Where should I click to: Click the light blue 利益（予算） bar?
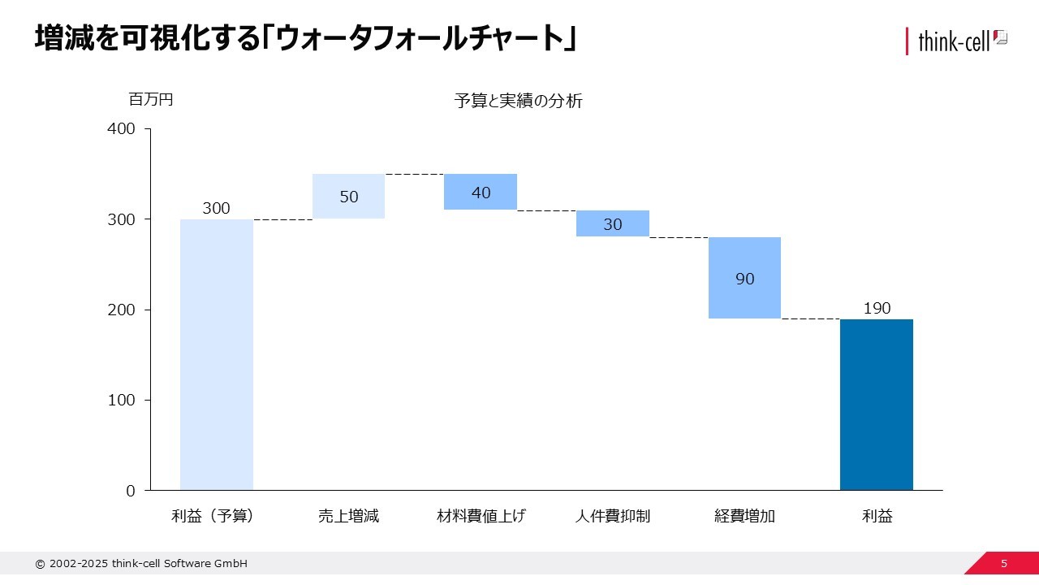coord(216,354)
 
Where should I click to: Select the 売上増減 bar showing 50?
coord(348,197)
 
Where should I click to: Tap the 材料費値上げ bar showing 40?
coord(481,192)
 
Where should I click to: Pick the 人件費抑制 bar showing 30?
coord(613,223)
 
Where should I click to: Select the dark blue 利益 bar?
coord(877,405)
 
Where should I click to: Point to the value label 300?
coord(216,209)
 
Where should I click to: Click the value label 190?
coord(877,309)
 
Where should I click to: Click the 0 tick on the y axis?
coord(130,491)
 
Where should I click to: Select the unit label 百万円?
coord(151,100)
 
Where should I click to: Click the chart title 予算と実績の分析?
coord(519,102)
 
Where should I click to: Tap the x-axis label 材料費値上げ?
coord(481,516)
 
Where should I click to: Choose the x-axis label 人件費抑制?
coord(613,516)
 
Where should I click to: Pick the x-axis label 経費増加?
coord(744,516)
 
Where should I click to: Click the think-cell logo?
coord(956,40)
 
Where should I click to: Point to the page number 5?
coord(1004,564)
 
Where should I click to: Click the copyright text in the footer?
coord(141,564)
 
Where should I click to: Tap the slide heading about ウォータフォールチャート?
coord(305,39)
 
